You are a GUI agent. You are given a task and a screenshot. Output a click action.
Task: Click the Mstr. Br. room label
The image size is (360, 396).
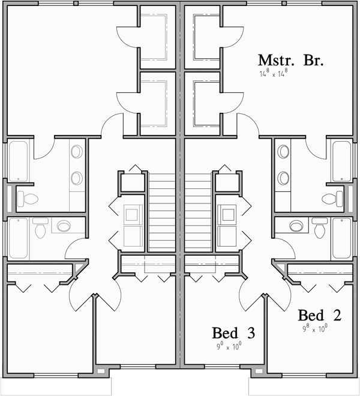tap(290, 61)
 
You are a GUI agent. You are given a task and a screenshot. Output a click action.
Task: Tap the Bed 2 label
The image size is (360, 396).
tap(320, 316)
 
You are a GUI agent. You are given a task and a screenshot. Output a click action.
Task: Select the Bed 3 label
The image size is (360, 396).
tap(233, 333)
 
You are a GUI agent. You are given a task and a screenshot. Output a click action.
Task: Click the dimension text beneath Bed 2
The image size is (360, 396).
tap(314, 328)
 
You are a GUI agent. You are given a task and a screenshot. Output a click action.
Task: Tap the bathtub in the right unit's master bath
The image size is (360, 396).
tap(342, 161)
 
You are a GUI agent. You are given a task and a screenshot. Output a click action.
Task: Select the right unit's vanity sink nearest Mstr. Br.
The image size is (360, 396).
tap(283, 152)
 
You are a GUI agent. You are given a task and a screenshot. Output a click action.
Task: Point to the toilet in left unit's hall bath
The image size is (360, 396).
tap(41, 228)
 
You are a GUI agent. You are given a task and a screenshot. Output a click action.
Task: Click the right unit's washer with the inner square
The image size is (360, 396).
tap(227, 212)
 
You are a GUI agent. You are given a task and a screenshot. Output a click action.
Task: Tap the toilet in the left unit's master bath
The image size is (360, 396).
tap(28, 198)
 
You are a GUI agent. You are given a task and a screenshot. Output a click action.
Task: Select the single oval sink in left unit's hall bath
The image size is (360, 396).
tap(64, 226)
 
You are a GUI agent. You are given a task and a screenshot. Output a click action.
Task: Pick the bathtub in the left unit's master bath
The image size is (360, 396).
tap(17, 161)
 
